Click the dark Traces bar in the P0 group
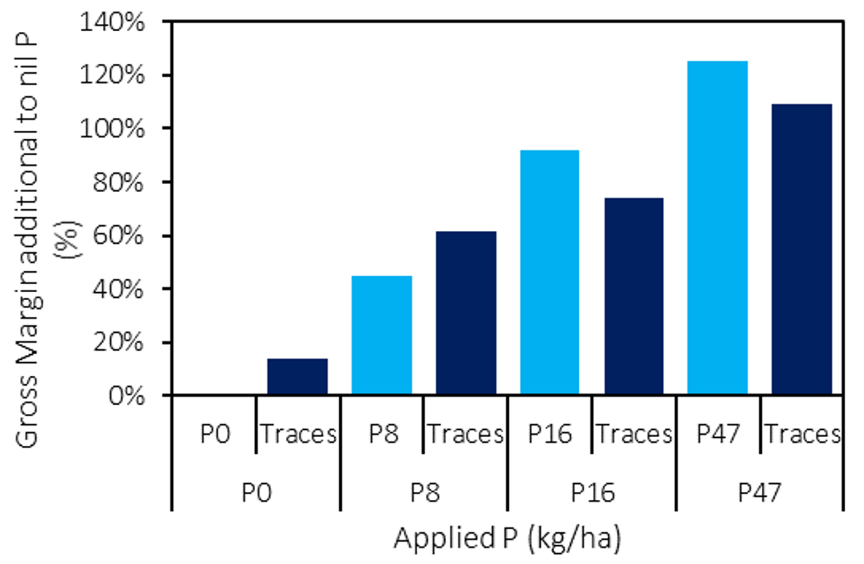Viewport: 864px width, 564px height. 297,376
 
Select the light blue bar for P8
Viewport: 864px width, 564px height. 381,335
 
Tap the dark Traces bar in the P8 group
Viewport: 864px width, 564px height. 466,313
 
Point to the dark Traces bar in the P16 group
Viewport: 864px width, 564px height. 634,296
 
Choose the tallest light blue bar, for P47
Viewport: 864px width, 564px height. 717,227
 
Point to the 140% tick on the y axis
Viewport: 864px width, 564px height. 113,23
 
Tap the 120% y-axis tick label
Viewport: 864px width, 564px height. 113,75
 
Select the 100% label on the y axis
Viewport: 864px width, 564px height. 113,128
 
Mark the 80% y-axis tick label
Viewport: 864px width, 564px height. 118,182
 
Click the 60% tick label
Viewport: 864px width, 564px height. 118,235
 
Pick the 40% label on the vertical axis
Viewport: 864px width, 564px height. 118,289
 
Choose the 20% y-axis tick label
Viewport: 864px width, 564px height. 118,342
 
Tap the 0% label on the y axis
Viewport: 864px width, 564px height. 126,396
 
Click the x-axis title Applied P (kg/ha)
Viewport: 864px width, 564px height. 507,538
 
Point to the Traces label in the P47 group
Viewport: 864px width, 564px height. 803,434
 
